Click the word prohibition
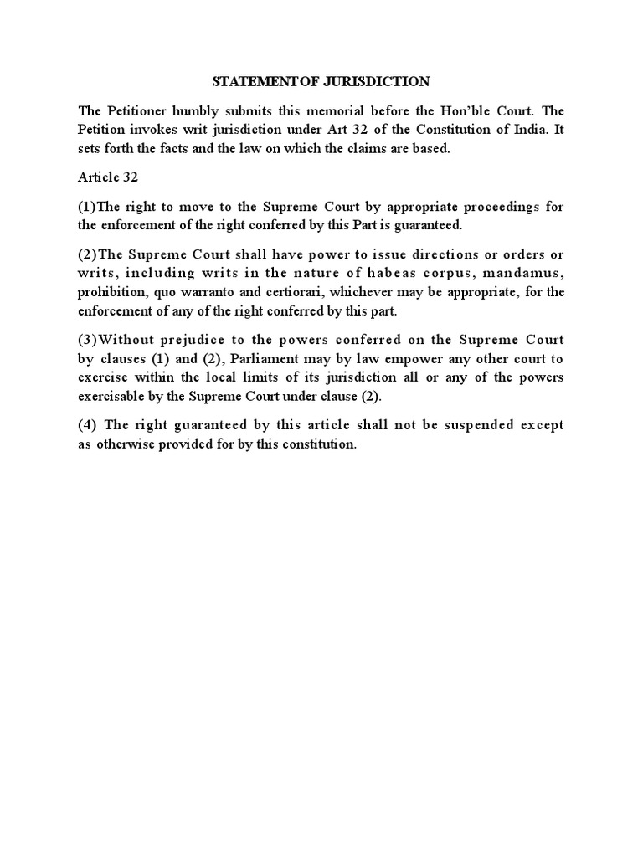(x=109, y=292)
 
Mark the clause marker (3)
(x=88, y=339)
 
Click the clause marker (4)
(x=89, y=425)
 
